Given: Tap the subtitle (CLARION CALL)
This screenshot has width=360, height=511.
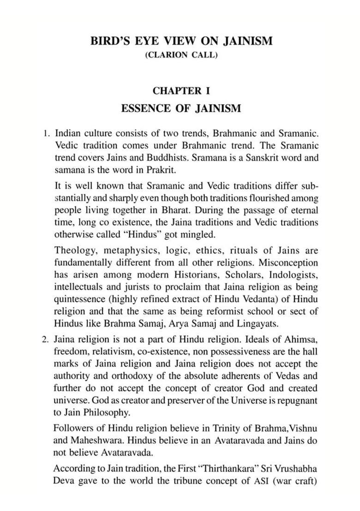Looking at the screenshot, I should point(180,55).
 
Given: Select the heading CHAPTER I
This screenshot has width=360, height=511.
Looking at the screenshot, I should point(180,91).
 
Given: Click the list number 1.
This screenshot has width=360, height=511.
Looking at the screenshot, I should point(46,134).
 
